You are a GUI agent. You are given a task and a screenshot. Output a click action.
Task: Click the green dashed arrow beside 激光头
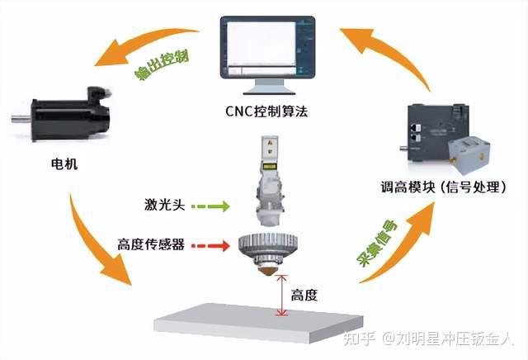click(x=210, y=204)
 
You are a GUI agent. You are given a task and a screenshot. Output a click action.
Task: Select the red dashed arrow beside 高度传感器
click(x=210, y=245)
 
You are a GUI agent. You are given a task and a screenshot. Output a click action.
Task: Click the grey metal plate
click(x=264, y=323)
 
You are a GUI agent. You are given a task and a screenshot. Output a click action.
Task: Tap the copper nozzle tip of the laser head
click(x=266, y=270)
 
